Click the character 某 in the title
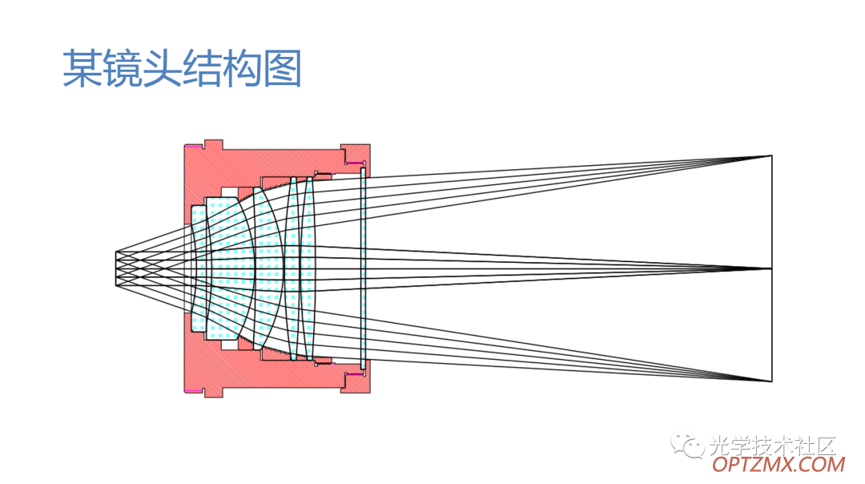(x=82, y=68)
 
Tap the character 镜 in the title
(x=123, y=68)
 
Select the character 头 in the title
(x=162, y=68)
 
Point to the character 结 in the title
(x=202, y=68)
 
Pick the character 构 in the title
(x=242, y=68)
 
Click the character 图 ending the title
(x=282, y=68)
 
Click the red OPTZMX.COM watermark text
(x=778, y=464)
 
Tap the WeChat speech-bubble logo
(x=687, y=444)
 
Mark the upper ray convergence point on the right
(x=770, y=156)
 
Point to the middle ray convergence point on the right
(x=770, y=268)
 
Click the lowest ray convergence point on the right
(x=770, y=381)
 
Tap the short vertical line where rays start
(x=116, y=268)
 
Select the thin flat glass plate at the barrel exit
(x=363, y=268)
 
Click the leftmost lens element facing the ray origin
(x=198, y=268)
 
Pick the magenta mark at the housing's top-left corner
(x=194, y=147)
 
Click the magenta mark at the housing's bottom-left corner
(x=194, y=391)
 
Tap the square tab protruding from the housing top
(x=214, y=144)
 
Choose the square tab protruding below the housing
(x=214, y=393)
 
